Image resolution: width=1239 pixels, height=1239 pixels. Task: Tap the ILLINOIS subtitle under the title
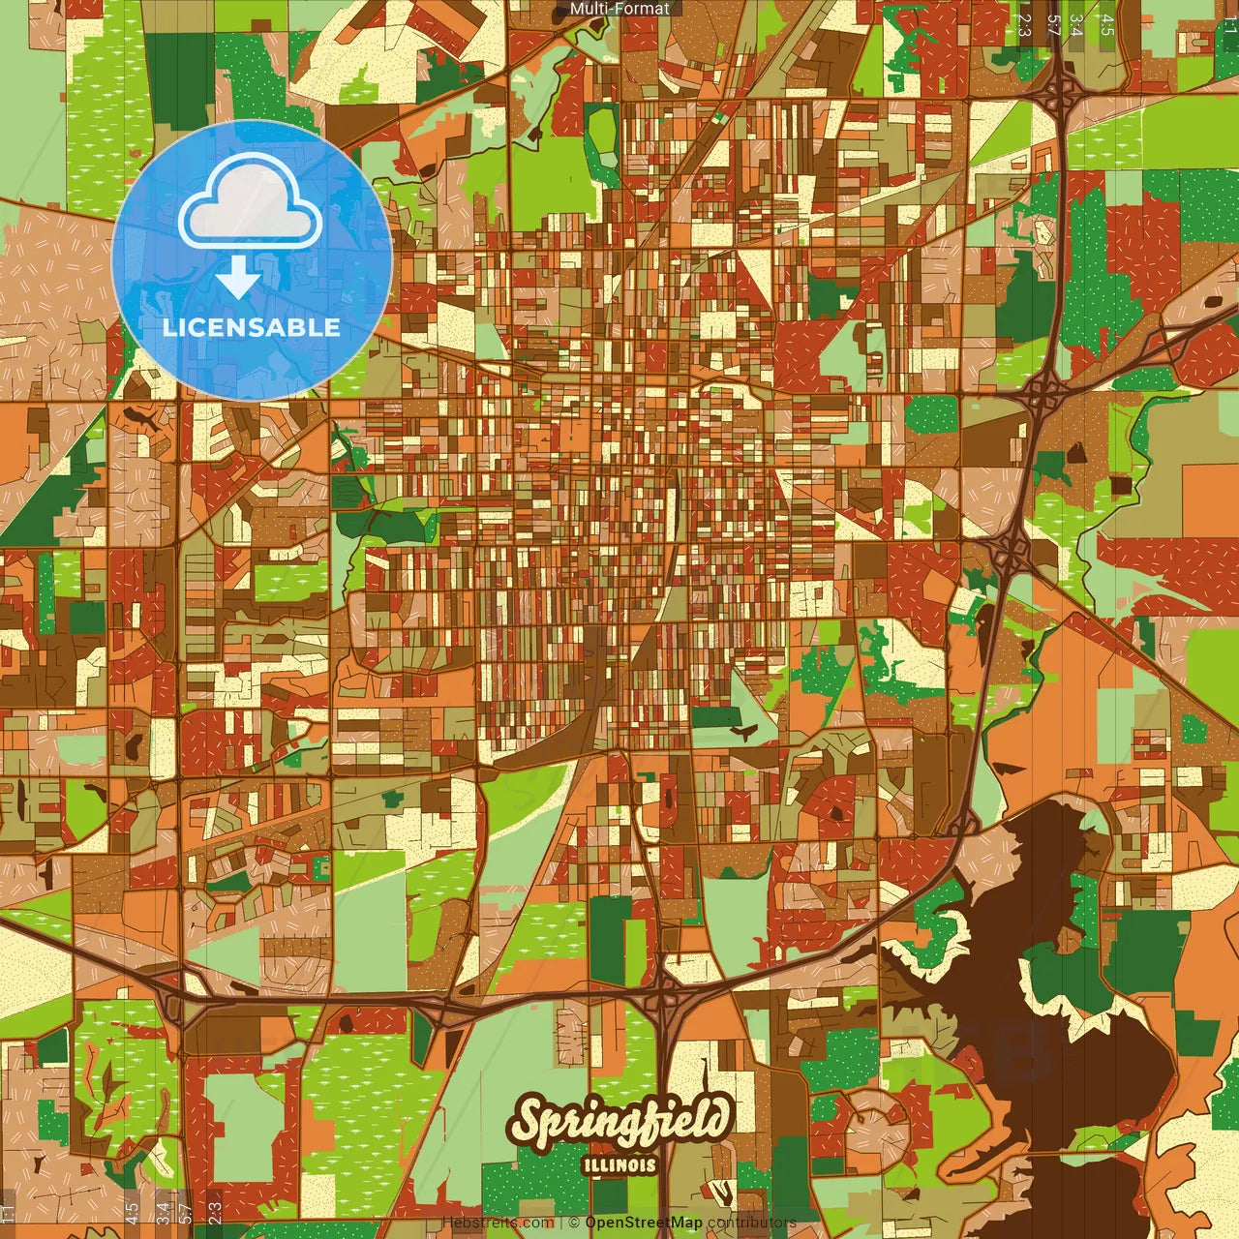click(619, 1165)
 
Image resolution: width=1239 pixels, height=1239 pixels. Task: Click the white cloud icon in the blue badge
click(251, 205)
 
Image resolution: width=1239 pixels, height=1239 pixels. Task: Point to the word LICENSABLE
click(252, 327)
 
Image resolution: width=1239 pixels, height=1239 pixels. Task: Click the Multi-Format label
click(619, 9)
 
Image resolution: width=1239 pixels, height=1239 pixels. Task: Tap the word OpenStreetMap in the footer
click(643, 1223)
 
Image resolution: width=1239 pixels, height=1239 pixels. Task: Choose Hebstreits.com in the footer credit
click(498, 1223)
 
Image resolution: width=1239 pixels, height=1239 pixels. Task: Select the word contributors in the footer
click(752, 1223)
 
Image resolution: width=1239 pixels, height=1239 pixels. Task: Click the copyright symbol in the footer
click(574, 1223)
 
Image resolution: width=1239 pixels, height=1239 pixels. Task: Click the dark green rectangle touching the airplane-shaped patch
click(714, 717)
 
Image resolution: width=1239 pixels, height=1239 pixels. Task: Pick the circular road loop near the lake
click(876, 1123)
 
